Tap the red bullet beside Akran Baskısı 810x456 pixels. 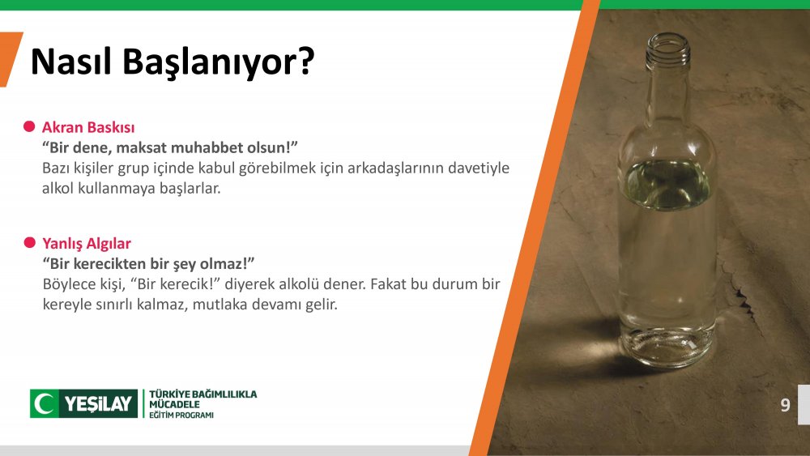pyautogui.click(x=29, y=126)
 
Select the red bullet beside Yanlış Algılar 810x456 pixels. pyautogui.click(x=29, y=243)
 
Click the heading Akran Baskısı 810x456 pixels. pyautogui.click(x=88, y=127)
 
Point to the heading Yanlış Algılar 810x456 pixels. pyautogui.click(x=87, y=244)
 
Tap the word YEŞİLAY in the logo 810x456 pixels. pyautogui.click(x=98, y=404)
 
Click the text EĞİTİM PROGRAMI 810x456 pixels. pyautogui.click(x=181, y=416)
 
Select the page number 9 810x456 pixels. pyautogui.click(x=785, y=405)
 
